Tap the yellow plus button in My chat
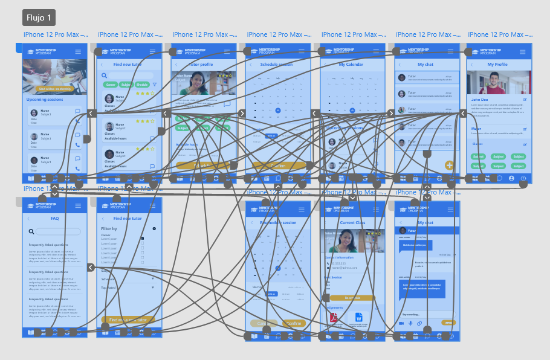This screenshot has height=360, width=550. pos(449,165)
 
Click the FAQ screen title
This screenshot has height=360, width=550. pos(54,218)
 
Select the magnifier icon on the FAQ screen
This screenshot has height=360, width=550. pos(31,231)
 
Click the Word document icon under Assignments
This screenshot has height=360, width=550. pos(358,317)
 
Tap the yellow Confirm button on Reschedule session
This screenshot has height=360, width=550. pos(294,323)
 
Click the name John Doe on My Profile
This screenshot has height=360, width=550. pos(479,99)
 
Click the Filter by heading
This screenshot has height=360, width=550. pos(109,229)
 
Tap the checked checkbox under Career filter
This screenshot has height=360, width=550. pos(143,239)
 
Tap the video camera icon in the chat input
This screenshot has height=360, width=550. pos(401,323)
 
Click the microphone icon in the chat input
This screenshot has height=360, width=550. pos(410,323)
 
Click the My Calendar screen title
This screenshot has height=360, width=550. pos(351,64)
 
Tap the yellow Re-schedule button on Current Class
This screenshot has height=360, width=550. pos(352,298)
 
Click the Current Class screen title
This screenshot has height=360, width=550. pos(352,222)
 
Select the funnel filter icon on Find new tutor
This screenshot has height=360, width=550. pos(155,85)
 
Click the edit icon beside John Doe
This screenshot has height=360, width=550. pos(525,99)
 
